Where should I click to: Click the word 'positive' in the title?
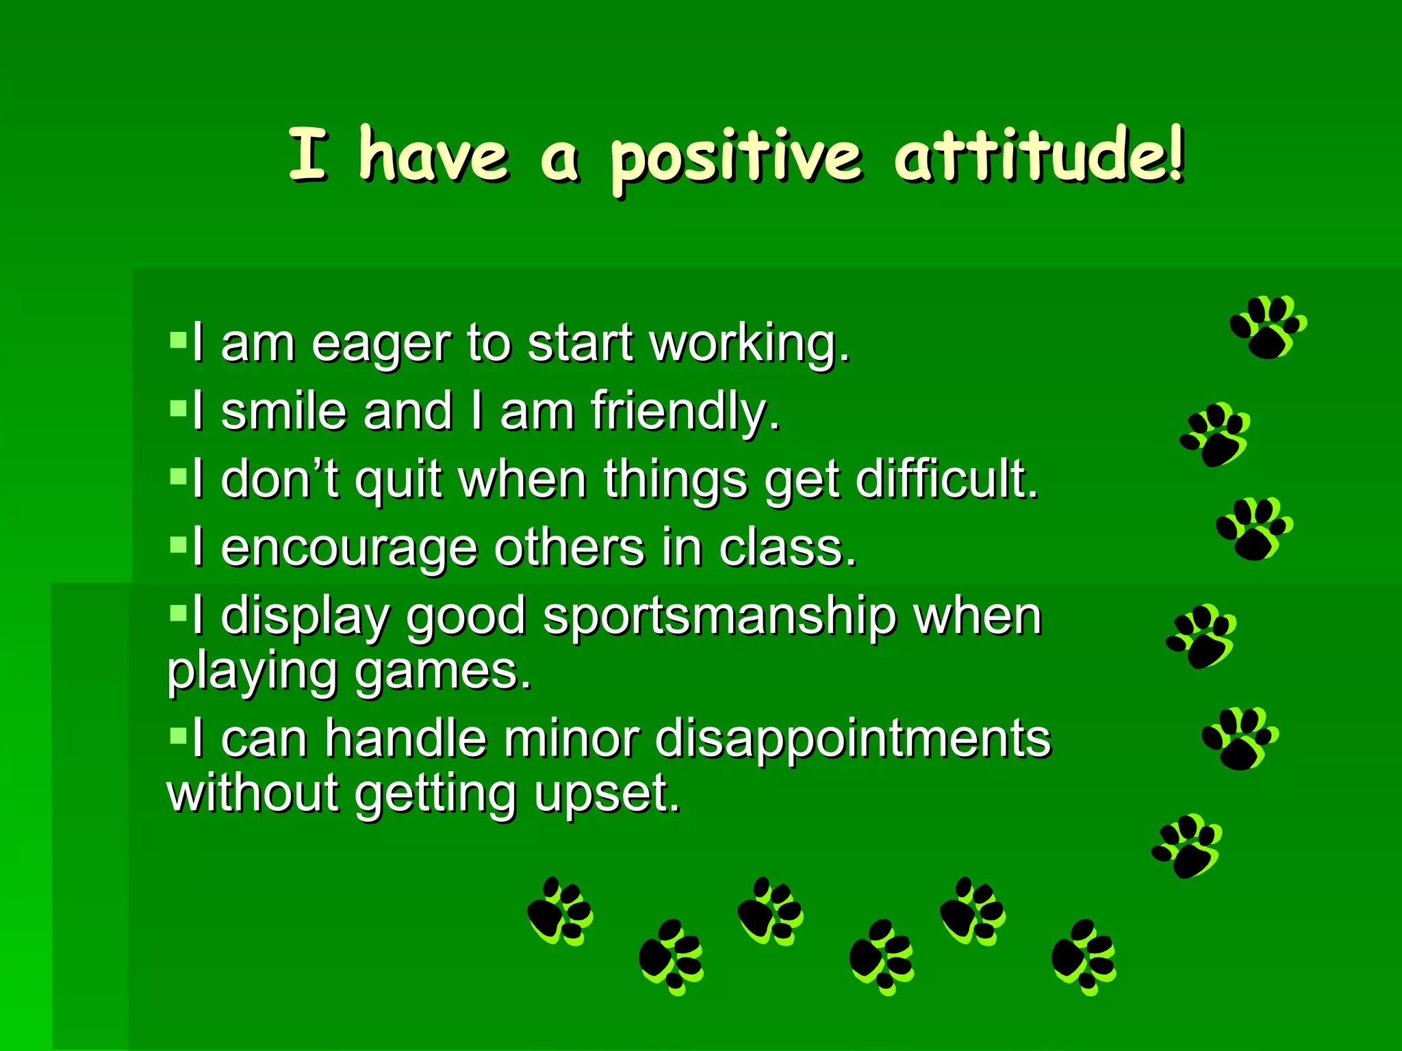click(x=735, y=159)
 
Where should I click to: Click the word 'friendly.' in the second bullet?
click(x=685, y=412)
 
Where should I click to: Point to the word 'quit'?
click(x=398, y=480)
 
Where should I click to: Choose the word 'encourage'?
click(x=349, y=549)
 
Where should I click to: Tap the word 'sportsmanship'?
click(x=719, y=617)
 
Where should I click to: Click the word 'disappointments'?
click(x=852, y=739)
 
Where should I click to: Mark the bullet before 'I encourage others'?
click(x=178, y=545)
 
